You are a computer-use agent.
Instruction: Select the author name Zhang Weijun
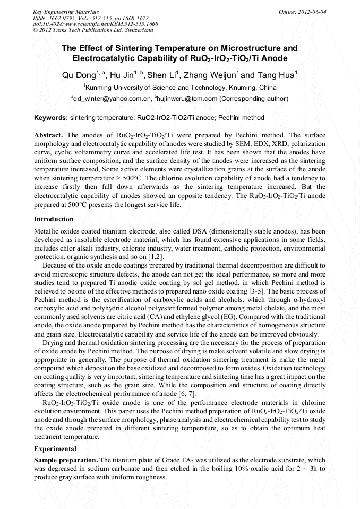pos(211,75)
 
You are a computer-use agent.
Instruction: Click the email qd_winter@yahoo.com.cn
pos(112,99)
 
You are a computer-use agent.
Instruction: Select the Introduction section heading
pos(54,219)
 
